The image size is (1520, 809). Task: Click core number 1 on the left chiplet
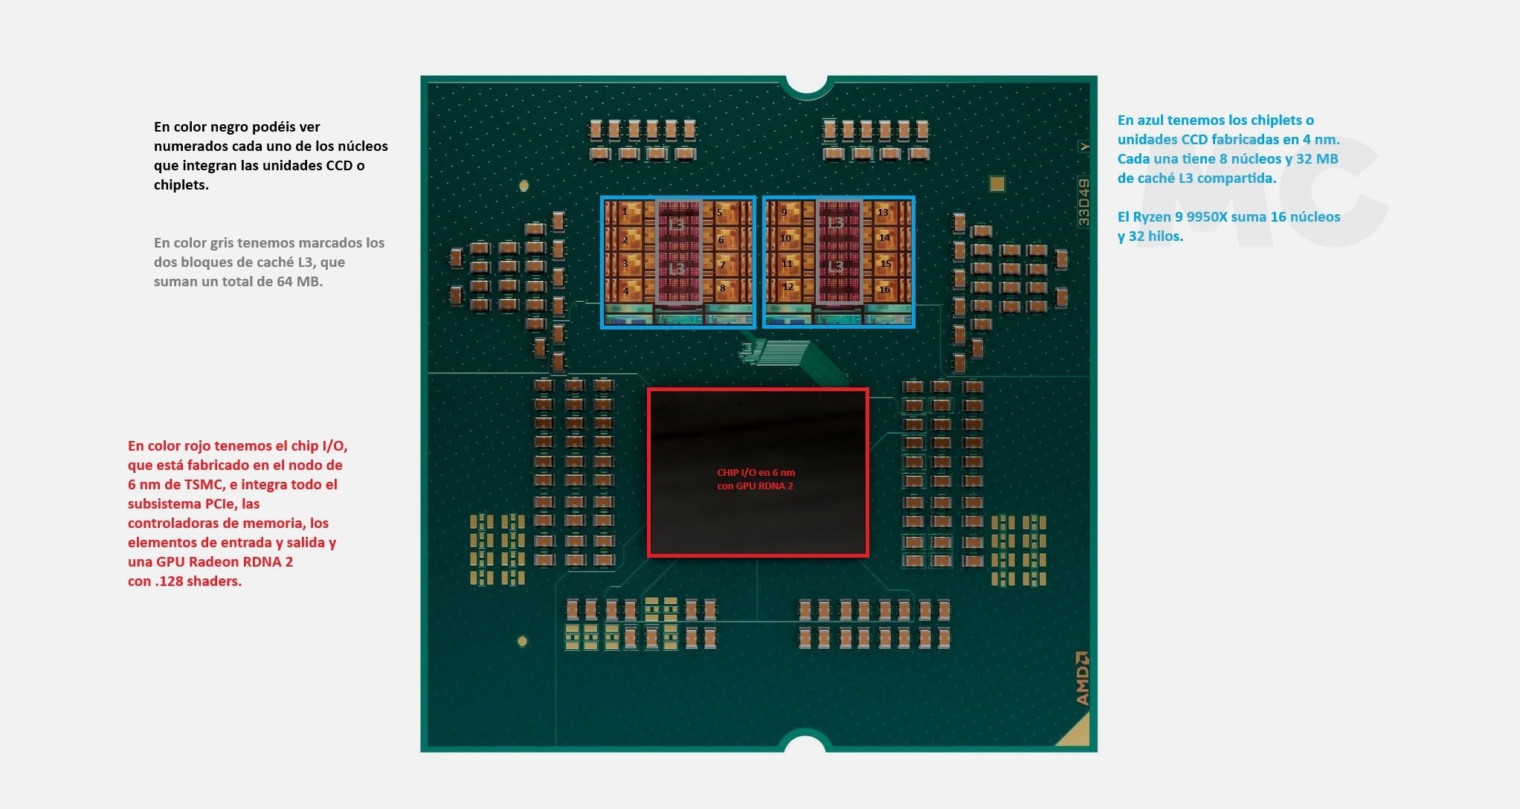[625, 212]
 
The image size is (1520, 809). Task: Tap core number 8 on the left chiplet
[722, 289]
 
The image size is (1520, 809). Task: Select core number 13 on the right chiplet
[883, 213]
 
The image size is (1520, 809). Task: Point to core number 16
[884, 290]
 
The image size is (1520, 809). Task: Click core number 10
[786, 239]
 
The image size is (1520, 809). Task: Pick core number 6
[721, 240]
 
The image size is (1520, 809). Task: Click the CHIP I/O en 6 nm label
[756, 472]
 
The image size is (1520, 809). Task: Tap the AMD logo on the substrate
[1082, 678]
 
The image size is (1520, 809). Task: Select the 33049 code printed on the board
[1083, 202]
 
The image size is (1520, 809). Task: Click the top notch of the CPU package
[806, 85]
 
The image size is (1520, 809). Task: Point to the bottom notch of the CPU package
[805, 743]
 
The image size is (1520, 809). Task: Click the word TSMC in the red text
[204, 485]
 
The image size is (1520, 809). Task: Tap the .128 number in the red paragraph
[170, 581]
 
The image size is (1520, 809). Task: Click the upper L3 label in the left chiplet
[677, 224]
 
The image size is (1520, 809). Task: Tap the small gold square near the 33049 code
[996, 184]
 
